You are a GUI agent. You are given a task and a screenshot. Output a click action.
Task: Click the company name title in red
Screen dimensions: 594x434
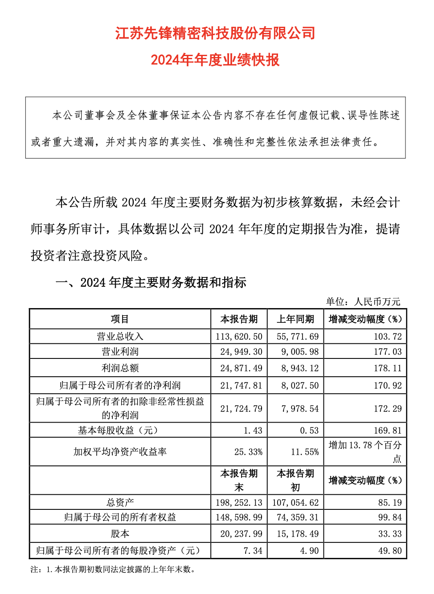click(x=215, y=33)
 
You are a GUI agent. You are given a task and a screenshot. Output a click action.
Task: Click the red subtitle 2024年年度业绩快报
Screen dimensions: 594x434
click(x=215, y=60)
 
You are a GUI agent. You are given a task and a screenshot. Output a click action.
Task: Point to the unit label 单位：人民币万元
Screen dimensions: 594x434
click(x=363, y=301)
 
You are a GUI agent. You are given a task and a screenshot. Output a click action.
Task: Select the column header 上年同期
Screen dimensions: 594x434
click(x=295, y=319)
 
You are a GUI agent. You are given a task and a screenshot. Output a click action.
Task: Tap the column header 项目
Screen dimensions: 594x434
click(x=120, y=319)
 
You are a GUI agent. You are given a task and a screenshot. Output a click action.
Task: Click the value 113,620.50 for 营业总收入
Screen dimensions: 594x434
click(x=239, y=337)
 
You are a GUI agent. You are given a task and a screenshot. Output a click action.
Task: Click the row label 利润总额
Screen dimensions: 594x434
click(x=120, y=368)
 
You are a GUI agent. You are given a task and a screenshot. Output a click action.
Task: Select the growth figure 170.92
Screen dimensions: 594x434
click(x=388, y=386)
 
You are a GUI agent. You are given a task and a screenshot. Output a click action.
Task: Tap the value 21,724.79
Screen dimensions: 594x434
click(x=241, y=409)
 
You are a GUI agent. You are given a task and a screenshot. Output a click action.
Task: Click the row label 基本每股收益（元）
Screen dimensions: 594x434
click(x=120, y=431)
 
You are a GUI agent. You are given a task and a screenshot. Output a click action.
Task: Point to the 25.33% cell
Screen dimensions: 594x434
click(x=248, y=452)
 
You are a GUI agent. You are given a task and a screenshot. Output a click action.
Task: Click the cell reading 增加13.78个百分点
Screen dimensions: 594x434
click(x=365, y=452)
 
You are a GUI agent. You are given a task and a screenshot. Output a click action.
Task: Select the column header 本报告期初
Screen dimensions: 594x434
click(x=295, y=480)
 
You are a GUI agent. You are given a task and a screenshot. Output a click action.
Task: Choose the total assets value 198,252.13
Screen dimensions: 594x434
click(x=239, y=503)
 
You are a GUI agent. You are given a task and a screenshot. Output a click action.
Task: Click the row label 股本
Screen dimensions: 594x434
click(x=120, y=534)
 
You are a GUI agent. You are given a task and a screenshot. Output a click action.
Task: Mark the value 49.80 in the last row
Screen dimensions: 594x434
click(x=390, y=551)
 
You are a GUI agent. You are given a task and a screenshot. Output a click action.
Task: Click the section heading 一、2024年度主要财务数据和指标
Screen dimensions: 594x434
click(x=151, y=283)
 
